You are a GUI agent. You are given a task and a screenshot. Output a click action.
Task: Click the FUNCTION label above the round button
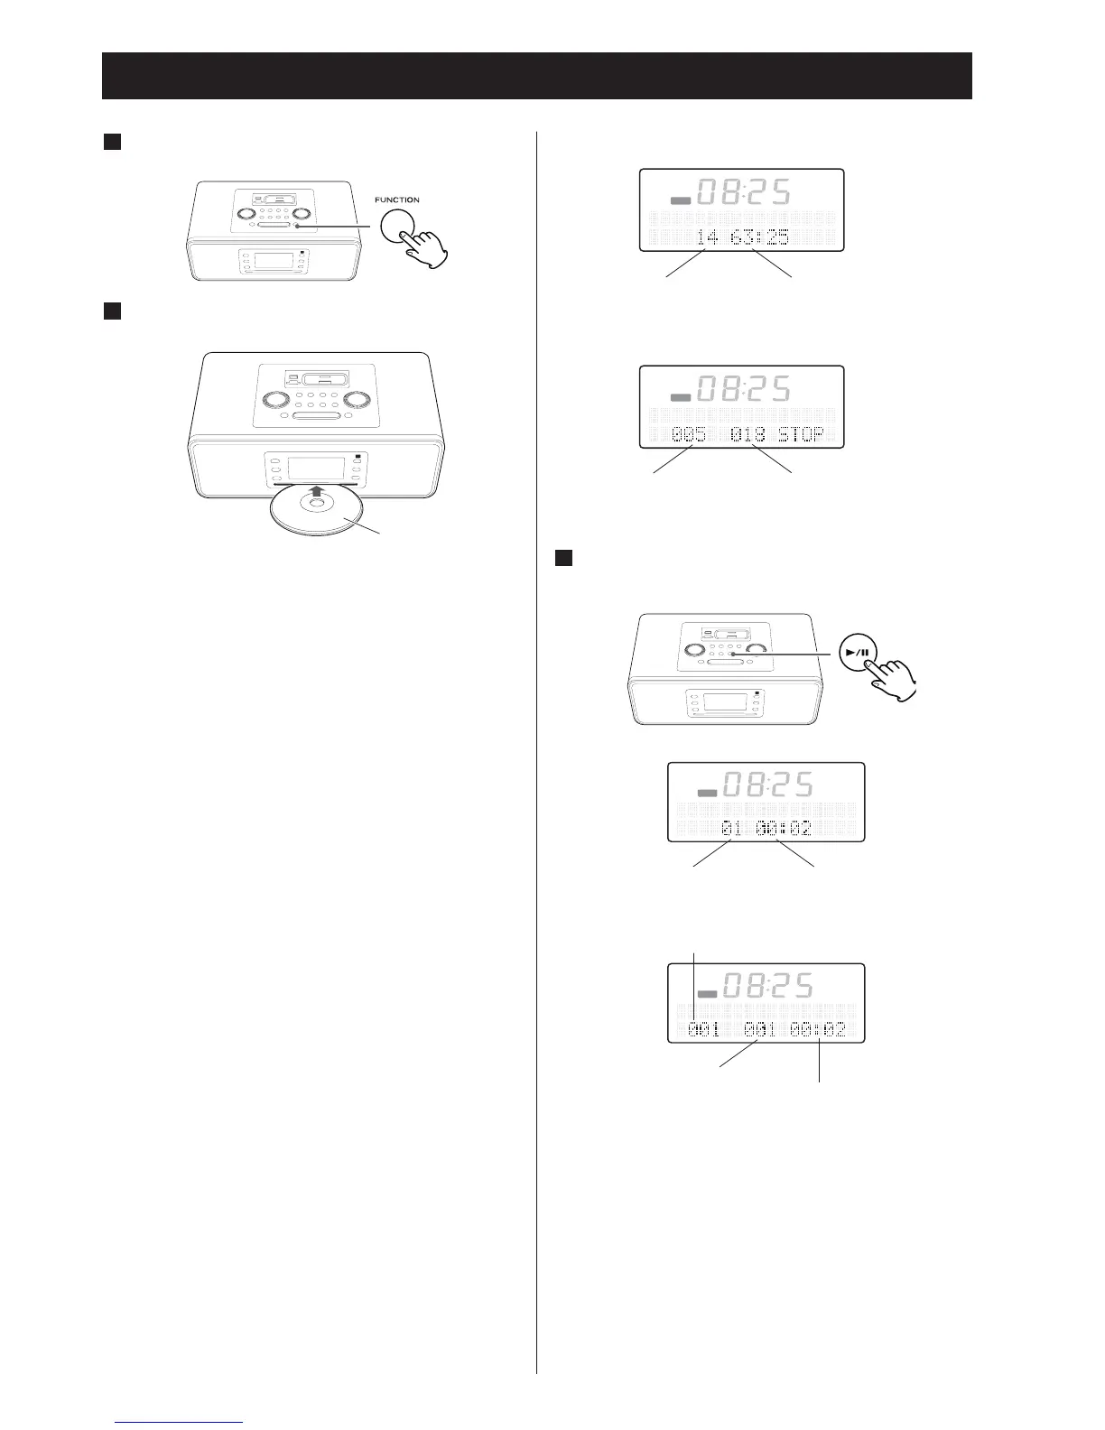(x=397, y=200)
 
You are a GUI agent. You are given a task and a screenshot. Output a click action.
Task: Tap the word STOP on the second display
(x=801, y=435)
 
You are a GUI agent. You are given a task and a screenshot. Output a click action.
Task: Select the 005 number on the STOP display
(x=689, y=435)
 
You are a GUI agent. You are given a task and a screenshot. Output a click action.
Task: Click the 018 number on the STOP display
(x=748, y=435)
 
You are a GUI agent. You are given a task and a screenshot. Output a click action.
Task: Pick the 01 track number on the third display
(x=731, y=828)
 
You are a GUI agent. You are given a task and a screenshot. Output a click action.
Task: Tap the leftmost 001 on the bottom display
(x=703, y=1028)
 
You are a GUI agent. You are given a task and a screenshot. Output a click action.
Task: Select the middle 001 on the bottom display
(x=760, y=1028)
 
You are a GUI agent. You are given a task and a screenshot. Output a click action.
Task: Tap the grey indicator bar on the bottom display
(x=707, y=993)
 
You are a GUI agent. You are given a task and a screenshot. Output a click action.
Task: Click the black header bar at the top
(x=536, y=75)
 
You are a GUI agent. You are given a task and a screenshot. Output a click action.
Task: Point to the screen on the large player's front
(x=315, y=470)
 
